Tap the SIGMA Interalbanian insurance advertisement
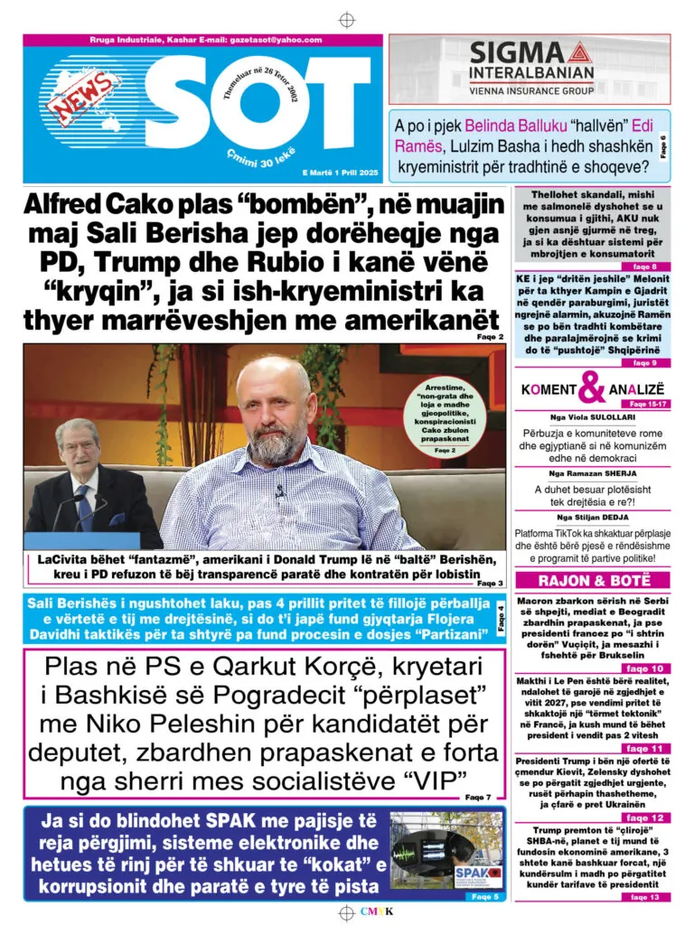coord(530,70)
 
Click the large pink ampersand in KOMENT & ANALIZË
coord(592,388)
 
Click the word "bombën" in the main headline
coord(303,204)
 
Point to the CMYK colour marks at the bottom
coord(376,911)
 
